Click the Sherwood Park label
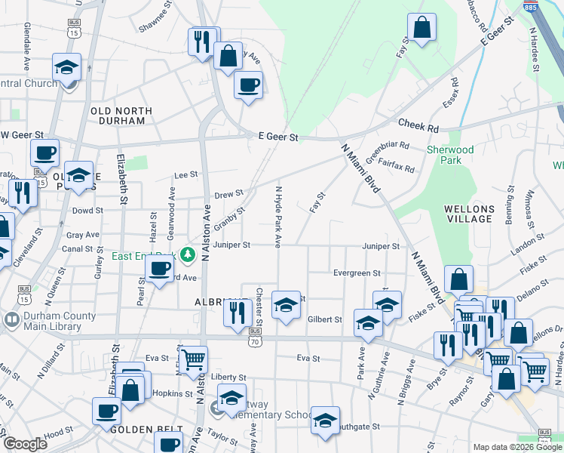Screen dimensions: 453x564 click(x=450, y=155)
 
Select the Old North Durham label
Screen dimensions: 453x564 click(x=121, y=116)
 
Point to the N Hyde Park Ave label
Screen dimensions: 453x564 click(x=278, y=217)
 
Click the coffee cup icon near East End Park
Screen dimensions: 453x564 click(x=160, y=268)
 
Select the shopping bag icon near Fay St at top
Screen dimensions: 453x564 click(x=423, y=28)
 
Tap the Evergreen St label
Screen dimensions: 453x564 click(x=357, y=273)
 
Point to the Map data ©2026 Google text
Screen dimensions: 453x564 click(x=516, y=447)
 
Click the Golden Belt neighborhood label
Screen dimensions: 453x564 click(x=138, y=429)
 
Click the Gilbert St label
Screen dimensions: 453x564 click(x=325, y=319)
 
